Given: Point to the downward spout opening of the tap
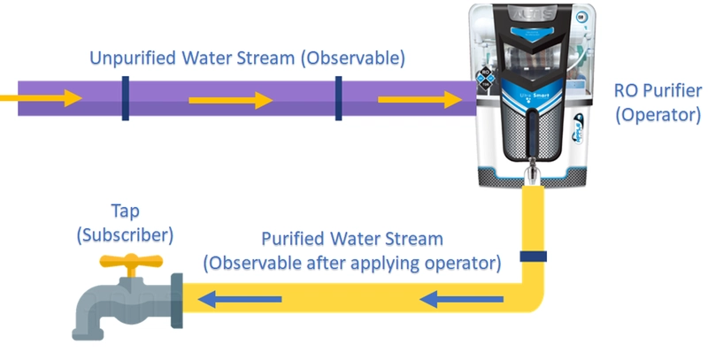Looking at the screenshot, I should point(88,332).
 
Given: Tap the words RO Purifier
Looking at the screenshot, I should point(658,91).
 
